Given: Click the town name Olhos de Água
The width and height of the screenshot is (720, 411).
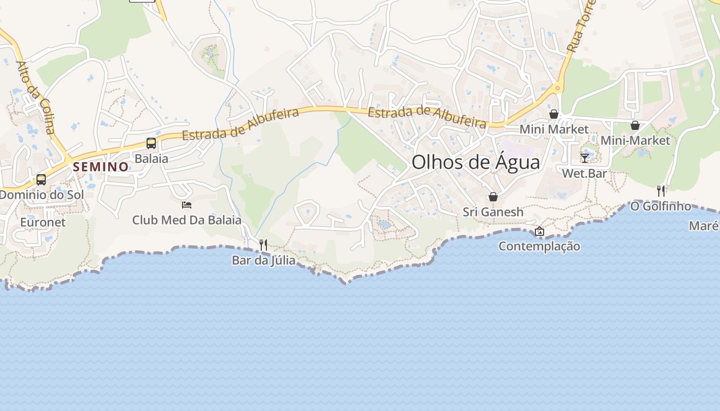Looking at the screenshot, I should (476, 162).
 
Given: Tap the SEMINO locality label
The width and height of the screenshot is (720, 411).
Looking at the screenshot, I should (100, 167).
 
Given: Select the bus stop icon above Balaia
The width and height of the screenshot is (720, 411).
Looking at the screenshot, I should (151, 143).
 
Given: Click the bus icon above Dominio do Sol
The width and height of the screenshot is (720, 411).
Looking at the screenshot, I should (41, 180).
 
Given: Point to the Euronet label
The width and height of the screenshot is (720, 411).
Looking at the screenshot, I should (43, 222).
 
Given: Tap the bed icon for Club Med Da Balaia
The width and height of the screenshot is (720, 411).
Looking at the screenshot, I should (187, 204).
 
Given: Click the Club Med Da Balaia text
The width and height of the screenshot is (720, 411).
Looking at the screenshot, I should (187, 220).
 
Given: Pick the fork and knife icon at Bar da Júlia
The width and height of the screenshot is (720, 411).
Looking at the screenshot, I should (263, 245).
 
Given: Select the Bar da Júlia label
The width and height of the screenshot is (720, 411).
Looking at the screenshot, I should (263, 260).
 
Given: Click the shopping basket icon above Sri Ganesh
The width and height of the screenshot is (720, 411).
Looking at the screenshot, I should (493, 197).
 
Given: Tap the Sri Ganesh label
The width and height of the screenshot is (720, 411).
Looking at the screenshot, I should (493, 212).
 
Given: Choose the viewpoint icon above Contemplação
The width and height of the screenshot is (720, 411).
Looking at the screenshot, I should (539, 231).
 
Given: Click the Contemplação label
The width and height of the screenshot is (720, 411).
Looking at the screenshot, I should (539, 247).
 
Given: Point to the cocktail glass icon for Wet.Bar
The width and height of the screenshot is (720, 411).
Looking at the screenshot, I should (585, 158).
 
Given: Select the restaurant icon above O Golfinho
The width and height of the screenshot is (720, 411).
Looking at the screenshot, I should (661, 191).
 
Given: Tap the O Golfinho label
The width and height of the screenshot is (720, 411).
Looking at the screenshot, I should (661, 206).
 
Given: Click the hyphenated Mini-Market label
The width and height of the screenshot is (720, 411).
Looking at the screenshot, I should (635, 140).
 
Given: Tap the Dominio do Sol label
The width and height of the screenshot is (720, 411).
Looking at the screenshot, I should (41, 195).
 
